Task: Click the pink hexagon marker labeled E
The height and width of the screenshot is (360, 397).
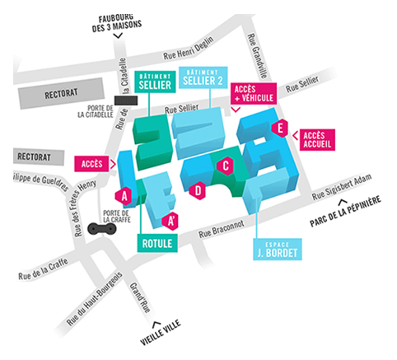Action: [x=280, y=129]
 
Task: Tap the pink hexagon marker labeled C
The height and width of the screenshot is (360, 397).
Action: [x=225, y=166]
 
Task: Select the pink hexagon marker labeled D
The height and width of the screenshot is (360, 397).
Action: [x=198, y=190]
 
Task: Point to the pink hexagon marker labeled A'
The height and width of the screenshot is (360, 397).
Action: [x=170, y=221]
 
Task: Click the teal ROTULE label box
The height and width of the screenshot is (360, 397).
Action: [x=157, y=243]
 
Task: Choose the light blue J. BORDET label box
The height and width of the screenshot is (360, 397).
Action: [x=278, y=250]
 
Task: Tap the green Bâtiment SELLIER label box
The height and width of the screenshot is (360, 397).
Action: [x=155, y=82]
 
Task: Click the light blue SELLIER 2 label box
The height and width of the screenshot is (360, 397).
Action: [x=203, y=77]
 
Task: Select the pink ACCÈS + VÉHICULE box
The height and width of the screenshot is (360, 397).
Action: [x=254, y=94]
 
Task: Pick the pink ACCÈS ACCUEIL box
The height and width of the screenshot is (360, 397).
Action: [x=317, y=140]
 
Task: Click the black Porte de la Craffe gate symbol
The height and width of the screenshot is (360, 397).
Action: [x=102, y=228]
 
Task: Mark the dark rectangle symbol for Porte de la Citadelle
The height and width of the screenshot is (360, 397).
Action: [x=126, y=101]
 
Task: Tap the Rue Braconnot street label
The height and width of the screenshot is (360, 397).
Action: [x=222, y=229]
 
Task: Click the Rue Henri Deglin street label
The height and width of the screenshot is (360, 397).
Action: [x=189, y=49]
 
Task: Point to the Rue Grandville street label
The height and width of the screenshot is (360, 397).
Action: [x=257, y=56]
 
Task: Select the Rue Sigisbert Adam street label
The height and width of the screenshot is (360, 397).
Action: [x=342, y=187]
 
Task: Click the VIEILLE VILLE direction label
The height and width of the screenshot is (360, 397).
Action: [x=161, y=332]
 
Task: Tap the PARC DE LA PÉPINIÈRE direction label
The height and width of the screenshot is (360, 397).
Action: [x=345, y=211]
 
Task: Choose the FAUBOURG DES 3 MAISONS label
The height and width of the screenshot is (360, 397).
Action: [x=117, y=23]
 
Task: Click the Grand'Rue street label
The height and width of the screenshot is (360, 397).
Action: [x=140, y=297]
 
